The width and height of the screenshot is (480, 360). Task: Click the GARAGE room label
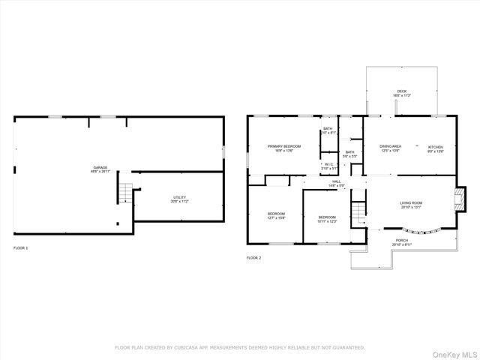point(100,167)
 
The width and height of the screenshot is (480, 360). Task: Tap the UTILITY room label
point(180,198)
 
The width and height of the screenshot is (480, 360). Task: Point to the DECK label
point(402,91)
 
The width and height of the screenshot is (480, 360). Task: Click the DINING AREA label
point(390,146)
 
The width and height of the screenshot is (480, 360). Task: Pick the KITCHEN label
point(436,146)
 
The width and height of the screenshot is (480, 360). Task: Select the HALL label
point(337,181)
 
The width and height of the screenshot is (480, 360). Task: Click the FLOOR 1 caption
point(21,247)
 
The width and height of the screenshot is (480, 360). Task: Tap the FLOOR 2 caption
point(254,257)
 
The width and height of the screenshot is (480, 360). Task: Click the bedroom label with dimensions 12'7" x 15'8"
point(276,214)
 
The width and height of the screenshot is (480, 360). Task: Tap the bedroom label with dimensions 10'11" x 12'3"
point(328,217)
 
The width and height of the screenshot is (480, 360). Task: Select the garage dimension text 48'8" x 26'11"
point(100,172)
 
